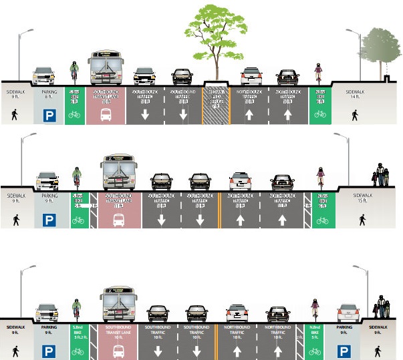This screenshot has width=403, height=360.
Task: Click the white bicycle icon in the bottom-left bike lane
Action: pos(78,350)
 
